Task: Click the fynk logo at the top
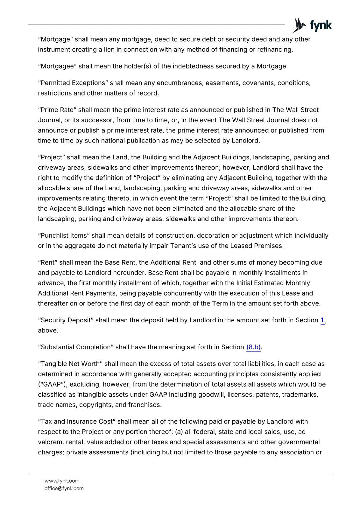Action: (x=312, y=25)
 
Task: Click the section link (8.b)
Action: (x=253, y=347)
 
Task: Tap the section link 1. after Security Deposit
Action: (x=322, y=320)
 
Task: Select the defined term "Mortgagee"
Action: (x=58, y=66)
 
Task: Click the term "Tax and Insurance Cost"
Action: (x=77, y=422)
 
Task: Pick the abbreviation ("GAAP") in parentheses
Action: (x=53, y=384)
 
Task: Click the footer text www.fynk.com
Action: (x=62, y=481)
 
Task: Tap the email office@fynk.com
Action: (x=64, y=488)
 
